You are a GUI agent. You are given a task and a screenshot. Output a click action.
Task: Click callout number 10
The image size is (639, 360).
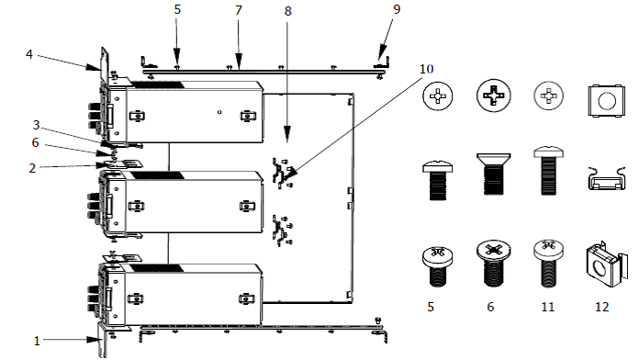[x=426, y=69]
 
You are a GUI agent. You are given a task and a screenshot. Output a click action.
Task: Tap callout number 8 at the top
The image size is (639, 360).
[x=288, y=11]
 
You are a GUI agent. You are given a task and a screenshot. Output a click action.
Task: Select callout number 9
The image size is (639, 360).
[x=397, y=9]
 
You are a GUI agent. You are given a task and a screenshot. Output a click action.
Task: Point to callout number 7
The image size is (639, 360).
[x=239, y=10]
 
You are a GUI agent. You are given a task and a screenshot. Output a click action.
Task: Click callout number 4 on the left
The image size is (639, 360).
[x=29, y=54]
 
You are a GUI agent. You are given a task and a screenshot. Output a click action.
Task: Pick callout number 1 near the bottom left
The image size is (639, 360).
[x=37, y=341]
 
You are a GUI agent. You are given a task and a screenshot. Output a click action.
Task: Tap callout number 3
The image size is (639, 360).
[x=37, y=125]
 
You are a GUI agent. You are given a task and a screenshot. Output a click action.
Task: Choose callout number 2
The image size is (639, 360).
[x=32, y=168]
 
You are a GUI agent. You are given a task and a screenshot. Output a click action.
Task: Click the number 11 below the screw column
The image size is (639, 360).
[x=548, y=307]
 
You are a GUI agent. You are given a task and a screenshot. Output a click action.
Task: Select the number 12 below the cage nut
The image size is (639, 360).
[x=602, y=307]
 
